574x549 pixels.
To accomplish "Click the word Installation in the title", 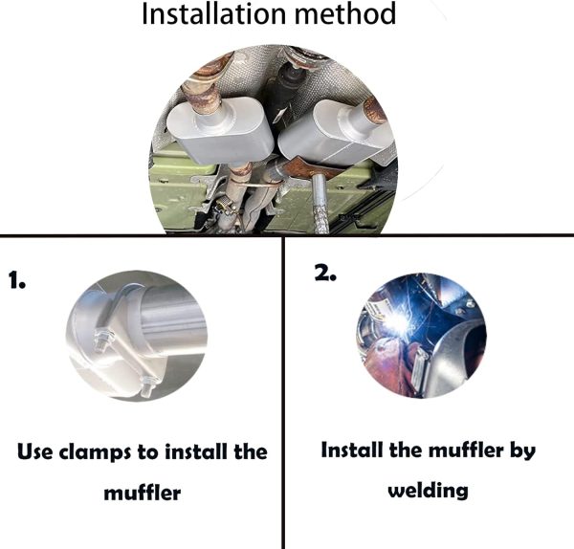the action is point(213,14).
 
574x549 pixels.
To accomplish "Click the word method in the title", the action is point(345,14).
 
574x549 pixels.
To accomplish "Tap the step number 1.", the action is point(17,280).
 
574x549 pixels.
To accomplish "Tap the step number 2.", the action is point(325,273).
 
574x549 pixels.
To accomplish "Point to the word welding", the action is point(428,491).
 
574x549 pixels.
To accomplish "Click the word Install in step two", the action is point(352,450).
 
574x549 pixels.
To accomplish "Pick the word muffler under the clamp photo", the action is point(142,493).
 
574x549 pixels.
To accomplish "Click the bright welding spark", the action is point(400,320).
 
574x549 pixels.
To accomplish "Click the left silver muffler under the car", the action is point(220,130).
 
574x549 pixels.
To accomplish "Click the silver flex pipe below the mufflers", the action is point(320,203).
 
